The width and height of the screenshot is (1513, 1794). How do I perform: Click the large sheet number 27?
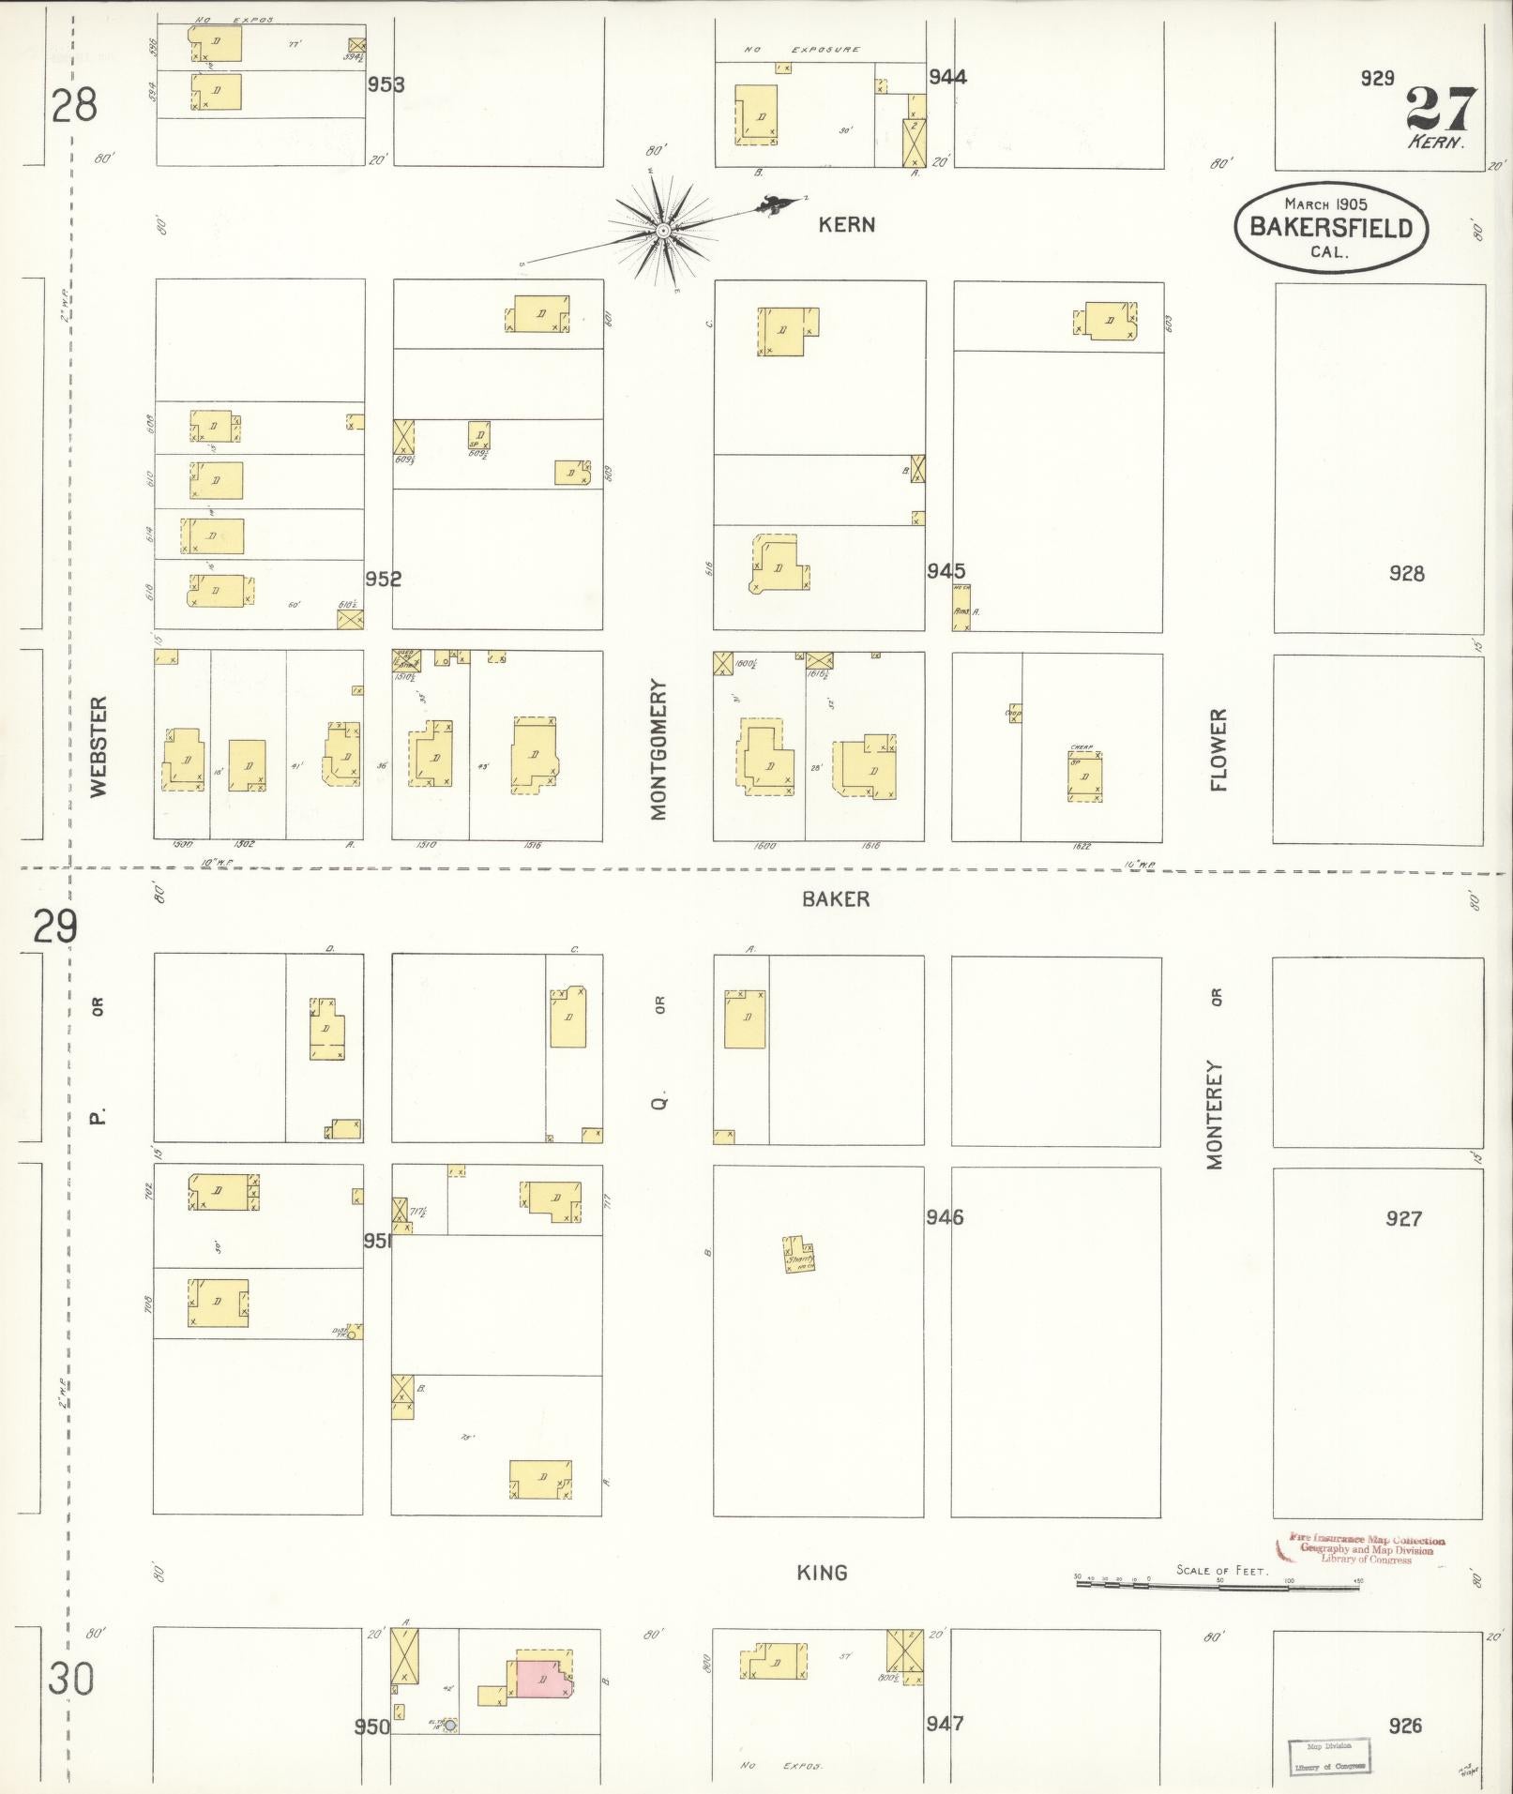[1441, 111]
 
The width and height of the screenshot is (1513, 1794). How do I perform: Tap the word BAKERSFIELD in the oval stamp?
[1330, 227]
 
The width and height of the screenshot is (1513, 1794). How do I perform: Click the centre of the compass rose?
[662, 230]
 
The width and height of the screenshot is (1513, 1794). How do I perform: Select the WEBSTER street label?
[99, 746]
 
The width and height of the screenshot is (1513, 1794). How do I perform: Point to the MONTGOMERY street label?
[658, 750]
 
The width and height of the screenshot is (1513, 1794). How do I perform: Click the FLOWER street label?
[1218, 750]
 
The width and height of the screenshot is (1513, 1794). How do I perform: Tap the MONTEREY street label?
[1216, 1115]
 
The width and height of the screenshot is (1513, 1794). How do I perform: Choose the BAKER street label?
[836, 899]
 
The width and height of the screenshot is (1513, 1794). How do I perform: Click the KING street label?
[822, 1573]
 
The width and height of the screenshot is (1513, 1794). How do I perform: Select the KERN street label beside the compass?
[846, 225]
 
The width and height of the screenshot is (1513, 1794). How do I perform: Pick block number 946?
[944, 1218]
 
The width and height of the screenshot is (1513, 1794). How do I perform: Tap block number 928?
[1406, 573]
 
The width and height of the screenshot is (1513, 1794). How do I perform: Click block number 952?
[383, 580]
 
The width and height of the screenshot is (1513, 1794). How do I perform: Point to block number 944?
[947, 77]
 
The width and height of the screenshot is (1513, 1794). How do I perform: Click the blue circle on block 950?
[450, 1725]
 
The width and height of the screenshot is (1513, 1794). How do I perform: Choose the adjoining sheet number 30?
[71, 1678]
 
